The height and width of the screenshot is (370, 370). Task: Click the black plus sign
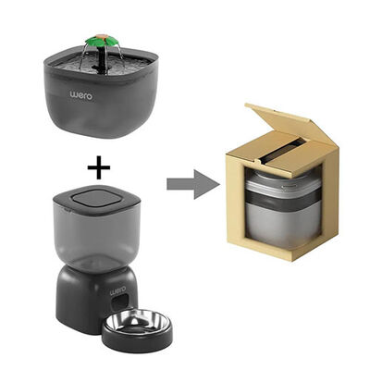[99, 167]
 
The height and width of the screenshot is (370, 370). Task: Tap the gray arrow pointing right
[193, 184]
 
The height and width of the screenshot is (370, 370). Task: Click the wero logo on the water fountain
[81, 95]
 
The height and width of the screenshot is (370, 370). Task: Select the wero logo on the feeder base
[118, 290]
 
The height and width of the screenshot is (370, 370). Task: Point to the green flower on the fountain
[101, 41]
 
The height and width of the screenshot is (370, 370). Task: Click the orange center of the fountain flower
[101, 36]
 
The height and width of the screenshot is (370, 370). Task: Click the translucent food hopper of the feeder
[97, 238]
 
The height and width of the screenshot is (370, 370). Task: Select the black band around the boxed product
[283, 200]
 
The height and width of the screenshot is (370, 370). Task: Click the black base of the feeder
[92, 299]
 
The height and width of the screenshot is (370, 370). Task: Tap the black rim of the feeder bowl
[137, 336]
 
